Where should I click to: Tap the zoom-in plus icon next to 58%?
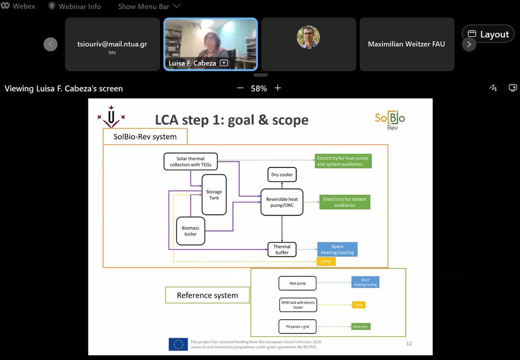278,88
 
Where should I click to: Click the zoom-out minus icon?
240,88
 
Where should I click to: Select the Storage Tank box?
214,195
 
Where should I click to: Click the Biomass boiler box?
191,231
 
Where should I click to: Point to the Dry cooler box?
282,175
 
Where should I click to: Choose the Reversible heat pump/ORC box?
282,202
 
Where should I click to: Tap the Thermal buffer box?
282,249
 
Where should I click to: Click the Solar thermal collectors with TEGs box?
190,161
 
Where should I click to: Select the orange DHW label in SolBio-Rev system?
326,262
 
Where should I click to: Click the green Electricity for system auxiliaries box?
345,202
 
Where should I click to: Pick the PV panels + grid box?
297,326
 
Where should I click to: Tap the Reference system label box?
207,295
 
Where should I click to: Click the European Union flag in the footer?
178,344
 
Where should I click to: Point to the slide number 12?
409,344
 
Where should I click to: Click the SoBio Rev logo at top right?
390,120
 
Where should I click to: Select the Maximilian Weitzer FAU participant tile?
406,44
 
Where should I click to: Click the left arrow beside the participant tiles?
50,44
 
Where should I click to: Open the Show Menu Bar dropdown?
149,7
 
